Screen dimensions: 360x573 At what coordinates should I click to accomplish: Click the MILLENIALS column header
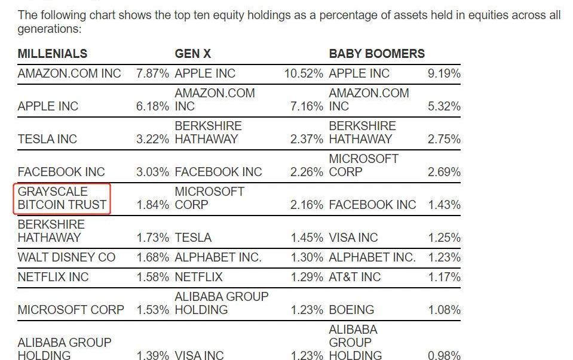coord(53,54)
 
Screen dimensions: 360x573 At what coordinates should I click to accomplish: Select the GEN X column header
coord(192,54)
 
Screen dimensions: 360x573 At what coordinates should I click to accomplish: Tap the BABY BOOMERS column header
coord(376,54)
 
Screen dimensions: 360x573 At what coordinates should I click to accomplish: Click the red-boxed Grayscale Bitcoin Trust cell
coord(62,198)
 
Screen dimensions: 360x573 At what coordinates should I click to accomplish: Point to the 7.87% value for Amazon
coord(153,73)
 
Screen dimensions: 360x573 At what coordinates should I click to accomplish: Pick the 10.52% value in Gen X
coord(304,73)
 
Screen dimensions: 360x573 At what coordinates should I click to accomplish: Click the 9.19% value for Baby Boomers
coord(444,73)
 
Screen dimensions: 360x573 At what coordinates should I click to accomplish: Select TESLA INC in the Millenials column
coord(47,139)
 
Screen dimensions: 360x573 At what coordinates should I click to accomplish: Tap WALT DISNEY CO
coord(66,257)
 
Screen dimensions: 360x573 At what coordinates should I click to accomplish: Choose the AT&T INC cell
coord(354,277)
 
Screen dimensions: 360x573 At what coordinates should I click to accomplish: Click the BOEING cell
coord(351,310)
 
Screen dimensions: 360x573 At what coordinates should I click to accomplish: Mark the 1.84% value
coord(153,205)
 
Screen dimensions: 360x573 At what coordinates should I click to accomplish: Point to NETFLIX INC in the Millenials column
coord(53,277)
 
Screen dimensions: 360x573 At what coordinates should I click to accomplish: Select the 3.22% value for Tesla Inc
coord(153,139)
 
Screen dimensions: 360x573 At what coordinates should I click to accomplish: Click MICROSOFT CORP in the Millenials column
coord(71,310)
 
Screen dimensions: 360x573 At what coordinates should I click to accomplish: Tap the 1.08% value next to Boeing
coord(444,310)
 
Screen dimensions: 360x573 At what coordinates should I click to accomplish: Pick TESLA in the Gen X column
coord(193,238)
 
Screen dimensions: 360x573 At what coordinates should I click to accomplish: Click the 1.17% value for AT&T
coord(444,277)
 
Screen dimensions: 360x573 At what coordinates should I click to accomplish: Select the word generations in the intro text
coord(49,29)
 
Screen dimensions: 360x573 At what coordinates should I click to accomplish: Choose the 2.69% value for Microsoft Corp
coord(444,172)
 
